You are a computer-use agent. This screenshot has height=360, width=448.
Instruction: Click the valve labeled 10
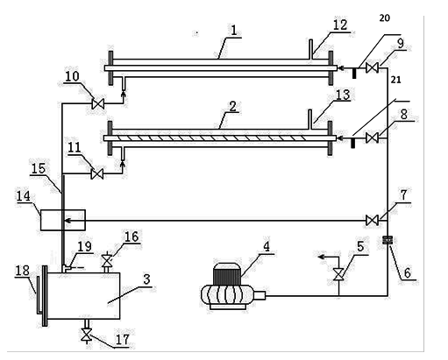point(98,103)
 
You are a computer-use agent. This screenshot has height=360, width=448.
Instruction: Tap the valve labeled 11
point(97,174)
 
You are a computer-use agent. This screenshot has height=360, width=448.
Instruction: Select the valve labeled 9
point(373,68)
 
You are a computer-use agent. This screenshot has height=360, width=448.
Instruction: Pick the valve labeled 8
point(373,138)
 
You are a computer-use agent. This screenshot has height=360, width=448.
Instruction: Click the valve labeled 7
point(373,220)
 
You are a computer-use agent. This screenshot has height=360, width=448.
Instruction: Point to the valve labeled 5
point(339,274)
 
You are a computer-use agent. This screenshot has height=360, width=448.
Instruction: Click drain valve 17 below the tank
point(86,335)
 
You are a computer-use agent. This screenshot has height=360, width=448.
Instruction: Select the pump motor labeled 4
point(233,286)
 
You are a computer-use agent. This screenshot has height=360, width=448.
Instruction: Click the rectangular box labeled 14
point(63,220)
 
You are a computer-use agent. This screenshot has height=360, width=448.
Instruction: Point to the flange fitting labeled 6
point(388,240)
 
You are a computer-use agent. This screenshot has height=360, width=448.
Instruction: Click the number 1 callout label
point(234,31)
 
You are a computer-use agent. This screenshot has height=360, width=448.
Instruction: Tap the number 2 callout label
point(232,107)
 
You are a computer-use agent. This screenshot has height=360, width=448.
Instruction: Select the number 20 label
point(385,18)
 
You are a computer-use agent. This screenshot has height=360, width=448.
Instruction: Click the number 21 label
point(395,80)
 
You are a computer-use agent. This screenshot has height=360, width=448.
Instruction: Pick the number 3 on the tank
point(146,279)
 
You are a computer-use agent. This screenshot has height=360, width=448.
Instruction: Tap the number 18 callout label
point(23,271)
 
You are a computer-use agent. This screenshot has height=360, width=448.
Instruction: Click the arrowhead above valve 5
point(322,257)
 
